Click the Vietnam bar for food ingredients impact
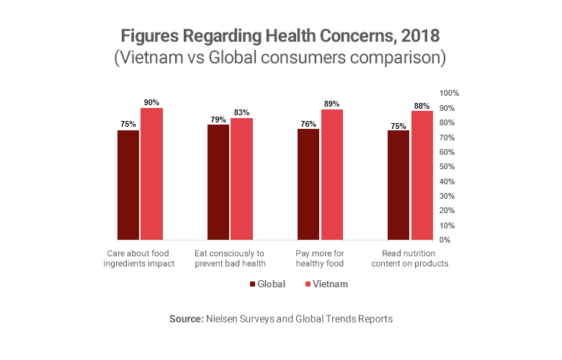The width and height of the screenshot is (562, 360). click(151, 174)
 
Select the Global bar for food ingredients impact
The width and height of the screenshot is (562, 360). click(128, 184)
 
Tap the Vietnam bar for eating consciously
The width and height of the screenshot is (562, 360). click(241, 179)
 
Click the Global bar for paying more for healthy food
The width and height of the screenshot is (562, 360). click(308, 184)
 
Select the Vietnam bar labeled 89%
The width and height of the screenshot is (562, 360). click(331, 174)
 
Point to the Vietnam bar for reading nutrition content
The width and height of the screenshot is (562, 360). click(421, 175)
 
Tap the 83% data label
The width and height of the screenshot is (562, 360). click(241, 113)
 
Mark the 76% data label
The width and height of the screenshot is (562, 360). click(308, 124)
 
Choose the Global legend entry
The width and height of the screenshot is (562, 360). click(267, 284)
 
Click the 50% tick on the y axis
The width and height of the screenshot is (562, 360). click(447, 167)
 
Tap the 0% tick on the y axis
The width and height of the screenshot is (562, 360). click(445, 240)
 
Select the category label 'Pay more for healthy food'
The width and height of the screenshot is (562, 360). click(321, 258)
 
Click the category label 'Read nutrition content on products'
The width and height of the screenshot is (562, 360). click(411, 258)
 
